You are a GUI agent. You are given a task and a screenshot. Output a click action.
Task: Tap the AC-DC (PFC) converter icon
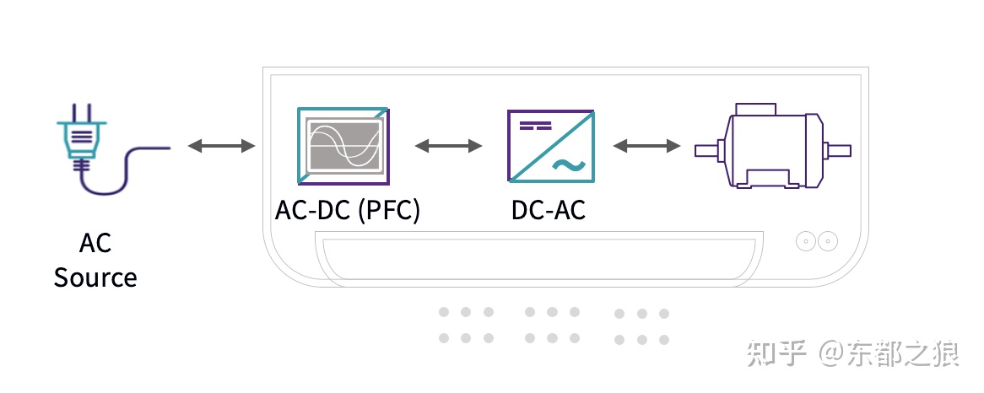pyautogui.click(x=343, y=146)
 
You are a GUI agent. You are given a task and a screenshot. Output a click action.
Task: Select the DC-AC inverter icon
pyautogui.click(x=550, y=146)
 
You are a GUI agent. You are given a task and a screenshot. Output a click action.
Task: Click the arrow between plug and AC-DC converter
pyautogui.click(x=221, y=147)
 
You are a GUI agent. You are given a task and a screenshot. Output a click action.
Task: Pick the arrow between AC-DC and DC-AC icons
pyautogui.click(x=448, y=147)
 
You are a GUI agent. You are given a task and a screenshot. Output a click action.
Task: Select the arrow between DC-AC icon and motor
pyautogui.click(x=646, y=147)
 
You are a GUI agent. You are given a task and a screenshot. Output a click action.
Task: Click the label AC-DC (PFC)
pyautogui.click(x=348, y=209)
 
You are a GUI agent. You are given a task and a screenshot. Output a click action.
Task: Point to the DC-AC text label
pyautogui.click(x=549, y=209)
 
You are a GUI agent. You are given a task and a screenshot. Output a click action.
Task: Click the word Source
pyautogui.click(x=95, y=277)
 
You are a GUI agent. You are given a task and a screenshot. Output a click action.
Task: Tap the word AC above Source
pyautogui.click(x=95, y=243)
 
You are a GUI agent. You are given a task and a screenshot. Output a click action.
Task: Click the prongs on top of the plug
pyautogui.click(x=82, y=111)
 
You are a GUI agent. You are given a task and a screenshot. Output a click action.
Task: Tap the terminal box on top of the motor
pyautogui.click(x=756, y=109)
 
